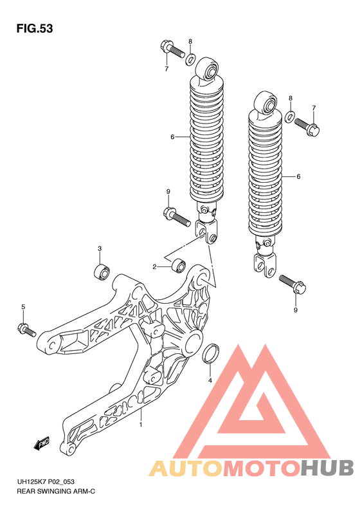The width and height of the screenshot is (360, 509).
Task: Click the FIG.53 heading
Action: pyautogui.click(x=33, y=29)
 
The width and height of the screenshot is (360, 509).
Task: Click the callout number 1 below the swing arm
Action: pyautogui.click(x=141, y=425)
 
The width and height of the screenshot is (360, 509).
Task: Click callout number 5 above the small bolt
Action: pyautogui.click(x=22, y=307)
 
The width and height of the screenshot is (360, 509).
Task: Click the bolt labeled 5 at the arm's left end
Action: pyautogui.click(x=26, y=330)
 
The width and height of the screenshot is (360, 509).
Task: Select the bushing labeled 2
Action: pyautogui.click(x=178, y=265)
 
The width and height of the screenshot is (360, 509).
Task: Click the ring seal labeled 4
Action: pyautogui.click(x=210, y=355)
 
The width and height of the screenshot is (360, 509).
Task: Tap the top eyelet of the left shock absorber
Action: pyautogui.click(x=207, y=68)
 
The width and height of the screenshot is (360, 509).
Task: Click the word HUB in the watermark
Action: pyautogui.click(x=325, y=468)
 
